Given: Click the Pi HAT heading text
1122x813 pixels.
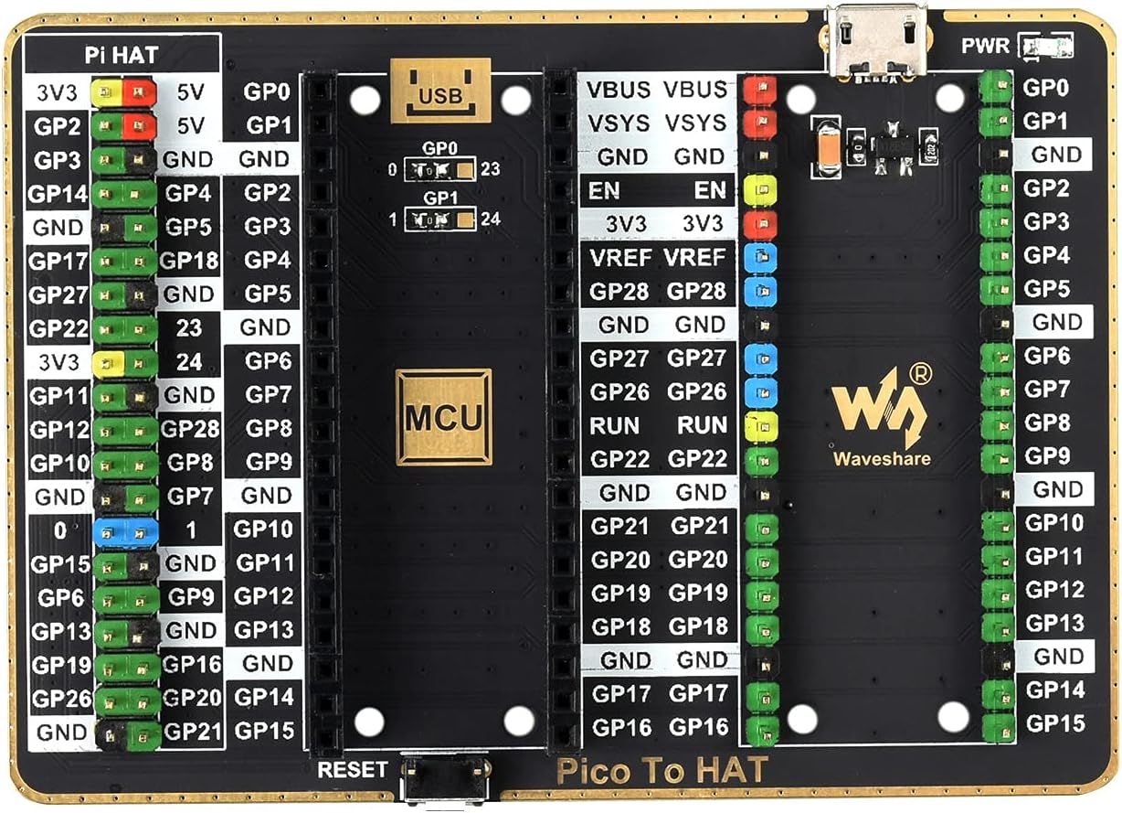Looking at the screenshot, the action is [122, 55].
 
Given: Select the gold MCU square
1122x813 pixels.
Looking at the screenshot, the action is [443, 416].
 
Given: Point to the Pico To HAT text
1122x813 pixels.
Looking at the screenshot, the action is [662, 771].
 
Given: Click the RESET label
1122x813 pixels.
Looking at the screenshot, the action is [353, 770].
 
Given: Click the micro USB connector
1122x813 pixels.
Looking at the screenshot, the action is [875, 40].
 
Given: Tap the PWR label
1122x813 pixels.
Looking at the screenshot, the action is [985, 46].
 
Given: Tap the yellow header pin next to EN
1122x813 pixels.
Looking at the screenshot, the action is [760, 190].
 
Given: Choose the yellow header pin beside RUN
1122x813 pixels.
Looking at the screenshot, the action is [760, 425].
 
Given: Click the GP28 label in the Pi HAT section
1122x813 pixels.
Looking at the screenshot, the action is [190, 428].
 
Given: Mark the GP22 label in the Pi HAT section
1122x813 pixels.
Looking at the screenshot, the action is [59, 328].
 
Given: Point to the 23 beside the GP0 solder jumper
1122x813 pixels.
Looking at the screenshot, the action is [489, 169].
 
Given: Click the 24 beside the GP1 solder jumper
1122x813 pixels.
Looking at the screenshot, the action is [489, 219].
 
